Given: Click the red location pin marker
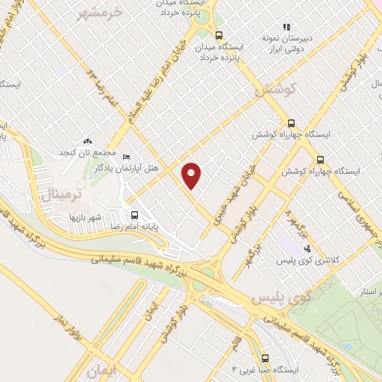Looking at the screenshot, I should click(x=192, y=175).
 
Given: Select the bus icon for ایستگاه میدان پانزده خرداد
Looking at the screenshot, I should click(x=218, y=34).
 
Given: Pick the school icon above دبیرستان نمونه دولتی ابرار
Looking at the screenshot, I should click(x=286, y=27).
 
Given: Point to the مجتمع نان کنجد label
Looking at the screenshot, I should click(x=87, y=152).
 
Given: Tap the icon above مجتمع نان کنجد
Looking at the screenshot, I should click(x=87, y=140).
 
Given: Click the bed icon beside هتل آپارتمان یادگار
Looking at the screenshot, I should click(x=127, y=157).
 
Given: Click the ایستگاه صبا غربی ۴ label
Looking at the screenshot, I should click(x=266, y=369).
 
